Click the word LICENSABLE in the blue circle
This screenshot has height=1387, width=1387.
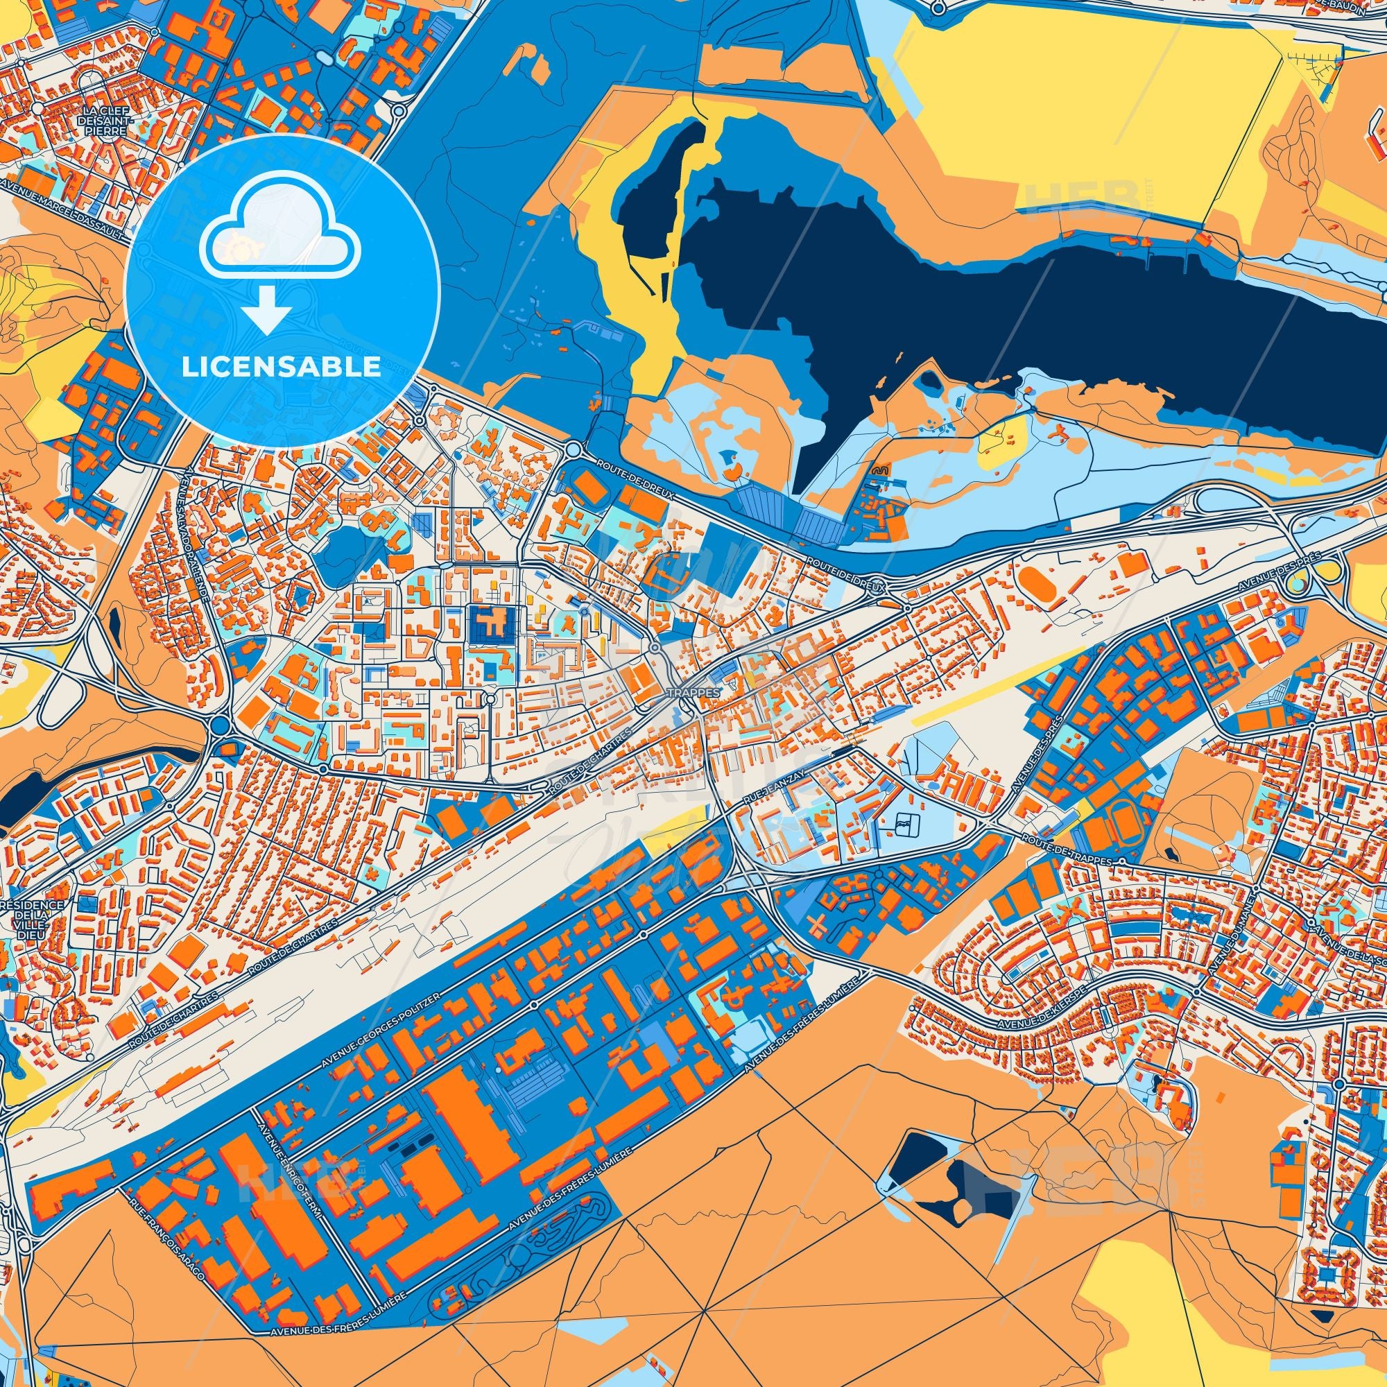pos(282,367)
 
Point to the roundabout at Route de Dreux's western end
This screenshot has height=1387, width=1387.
pos(572,450)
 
